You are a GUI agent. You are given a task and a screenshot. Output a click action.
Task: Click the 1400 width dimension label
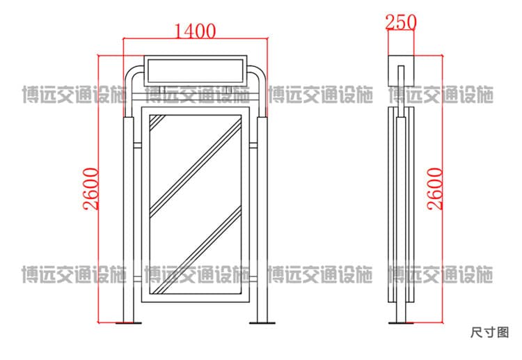[x=195, y=31]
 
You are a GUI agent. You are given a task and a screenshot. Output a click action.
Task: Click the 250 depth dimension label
[x=401, y=22]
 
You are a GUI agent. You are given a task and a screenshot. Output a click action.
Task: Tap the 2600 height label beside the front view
[x=91, y=189]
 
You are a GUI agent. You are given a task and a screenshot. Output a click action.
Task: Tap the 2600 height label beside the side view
[x=436, y=189]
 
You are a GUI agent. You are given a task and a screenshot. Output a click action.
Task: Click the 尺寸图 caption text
[x=490, y=332]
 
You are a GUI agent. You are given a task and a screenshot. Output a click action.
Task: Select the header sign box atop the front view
[x=196, y=71]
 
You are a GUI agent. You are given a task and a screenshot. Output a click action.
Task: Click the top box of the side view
[x=401, y=71]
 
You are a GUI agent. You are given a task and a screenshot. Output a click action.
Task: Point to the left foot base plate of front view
[x=129, y=322]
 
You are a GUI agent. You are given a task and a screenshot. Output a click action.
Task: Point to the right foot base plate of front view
[x=262, y=322]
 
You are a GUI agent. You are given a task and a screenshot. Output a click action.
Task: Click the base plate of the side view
[x=401, y=322]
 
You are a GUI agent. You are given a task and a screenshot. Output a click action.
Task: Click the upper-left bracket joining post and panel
[x=138, y=146]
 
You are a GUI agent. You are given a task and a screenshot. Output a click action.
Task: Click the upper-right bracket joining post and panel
[x=253, y=146]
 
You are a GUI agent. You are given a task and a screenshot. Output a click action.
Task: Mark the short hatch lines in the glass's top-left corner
[x=157, y=123]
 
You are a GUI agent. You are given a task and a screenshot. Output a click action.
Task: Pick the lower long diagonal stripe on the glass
[x=196, y=250]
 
